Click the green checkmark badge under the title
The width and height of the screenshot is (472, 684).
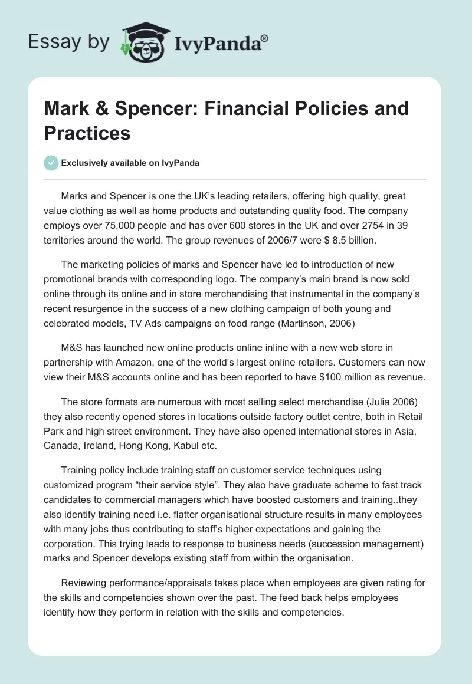click(x=51, y=163)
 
